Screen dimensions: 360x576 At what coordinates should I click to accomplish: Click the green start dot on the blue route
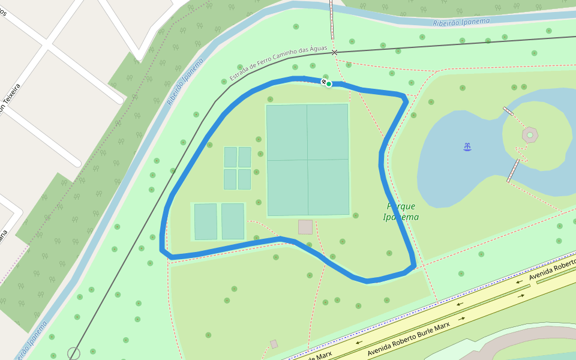pyautogui.click(x=329, y=84)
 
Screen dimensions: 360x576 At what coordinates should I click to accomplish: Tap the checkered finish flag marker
pyautogui.click(x=324, y=81)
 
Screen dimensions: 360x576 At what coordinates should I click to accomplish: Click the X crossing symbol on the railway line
pyautogui.click(x=334, y=52)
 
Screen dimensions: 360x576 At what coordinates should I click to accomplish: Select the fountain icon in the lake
pyautogui.click(x=467, y=146)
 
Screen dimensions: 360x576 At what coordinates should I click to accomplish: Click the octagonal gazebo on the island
pyautogui.click(x=530, y=134)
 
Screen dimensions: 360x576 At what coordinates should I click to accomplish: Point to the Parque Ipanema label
pyautogui.click(x=401, y=211)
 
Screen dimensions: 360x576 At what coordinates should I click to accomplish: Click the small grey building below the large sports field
pyautogui.click(x=305, y=227)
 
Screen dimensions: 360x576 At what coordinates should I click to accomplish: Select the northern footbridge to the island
pyautogui.click(x=508, y=111)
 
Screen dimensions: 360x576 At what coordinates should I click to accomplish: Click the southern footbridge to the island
pyautogui.click(x=513, y=170)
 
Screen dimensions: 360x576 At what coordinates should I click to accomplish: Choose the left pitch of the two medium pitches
pyautogui.click(x=206, y=221)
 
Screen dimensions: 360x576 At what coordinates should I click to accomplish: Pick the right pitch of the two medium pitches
pyautogui.click(x=233, y=221)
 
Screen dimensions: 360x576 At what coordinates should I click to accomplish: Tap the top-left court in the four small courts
pyautogui.click(x=230, y=157)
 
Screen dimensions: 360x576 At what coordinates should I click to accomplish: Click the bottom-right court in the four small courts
pyautogui.click(x=244, y=179)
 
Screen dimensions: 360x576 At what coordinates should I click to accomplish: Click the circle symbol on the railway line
pyautogui.click(x=74, y=354)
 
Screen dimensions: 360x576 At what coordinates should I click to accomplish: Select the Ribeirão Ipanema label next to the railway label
pyautogui.click(x=186, y=82)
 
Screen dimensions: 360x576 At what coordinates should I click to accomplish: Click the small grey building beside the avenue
pyautogui.click(x=274, y=344)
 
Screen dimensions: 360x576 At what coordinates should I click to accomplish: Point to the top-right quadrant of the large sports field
pyautogui.click(x=328, y=132)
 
